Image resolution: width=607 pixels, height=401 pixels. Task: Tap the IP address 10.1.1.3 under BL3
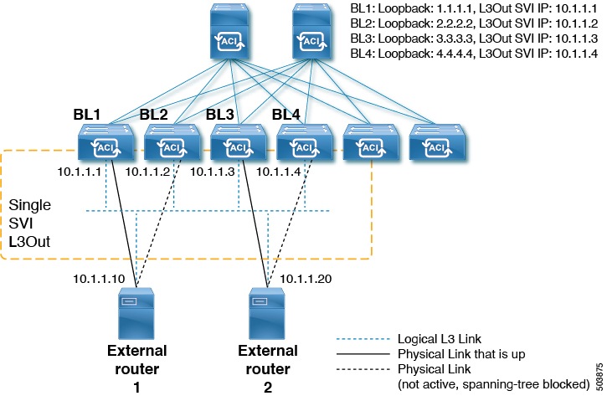click(213, 172)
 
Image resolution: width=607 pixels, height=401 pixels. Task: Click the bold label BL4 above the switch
click(287, 113)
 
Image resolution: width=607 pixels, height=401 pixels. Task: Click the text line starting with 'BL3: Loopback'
click(474, 39)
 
